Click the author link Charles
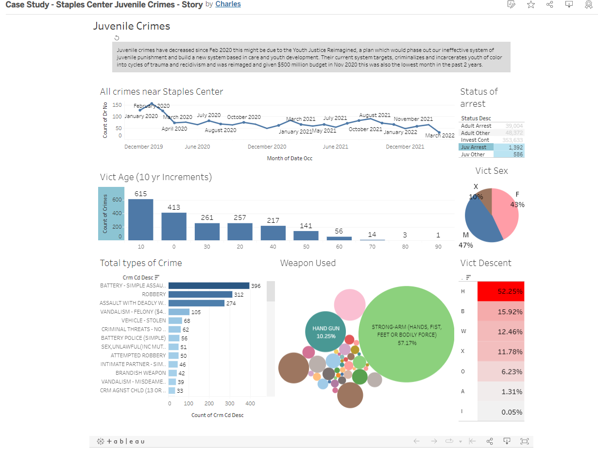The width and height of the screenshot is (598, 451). pos(228,4)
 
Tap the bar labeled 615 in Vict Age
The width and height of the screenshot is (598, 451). pos(140,219)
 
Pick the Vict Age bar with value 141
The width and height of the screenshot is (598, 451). pos(306,235)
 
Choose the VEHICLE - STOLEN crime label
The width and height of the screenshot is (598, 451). pos(143,320)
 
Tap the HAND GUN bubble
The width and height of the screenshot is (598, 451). pos(325,332)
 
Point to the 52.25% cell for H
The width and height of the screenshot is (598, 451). pos(501,291)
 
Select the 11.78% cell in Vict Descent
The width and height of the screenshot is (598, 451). pos(501,351)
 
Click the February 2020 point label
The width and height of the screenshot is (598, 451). pos(152,106)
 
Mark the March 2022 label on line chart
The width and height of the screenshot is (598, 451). pos(440,135)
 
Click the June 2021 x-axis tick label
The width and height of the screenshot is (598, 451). pos(335,147)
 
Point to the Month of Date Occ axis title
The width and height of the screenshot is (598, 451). pos(290,158)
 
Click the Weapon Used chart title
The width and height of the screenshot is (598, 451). pos(308,263)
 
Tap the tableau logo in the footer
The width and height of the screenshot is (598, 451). pos(121,441)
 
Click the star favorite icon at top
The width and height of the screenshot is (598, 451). pos(530,4)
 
